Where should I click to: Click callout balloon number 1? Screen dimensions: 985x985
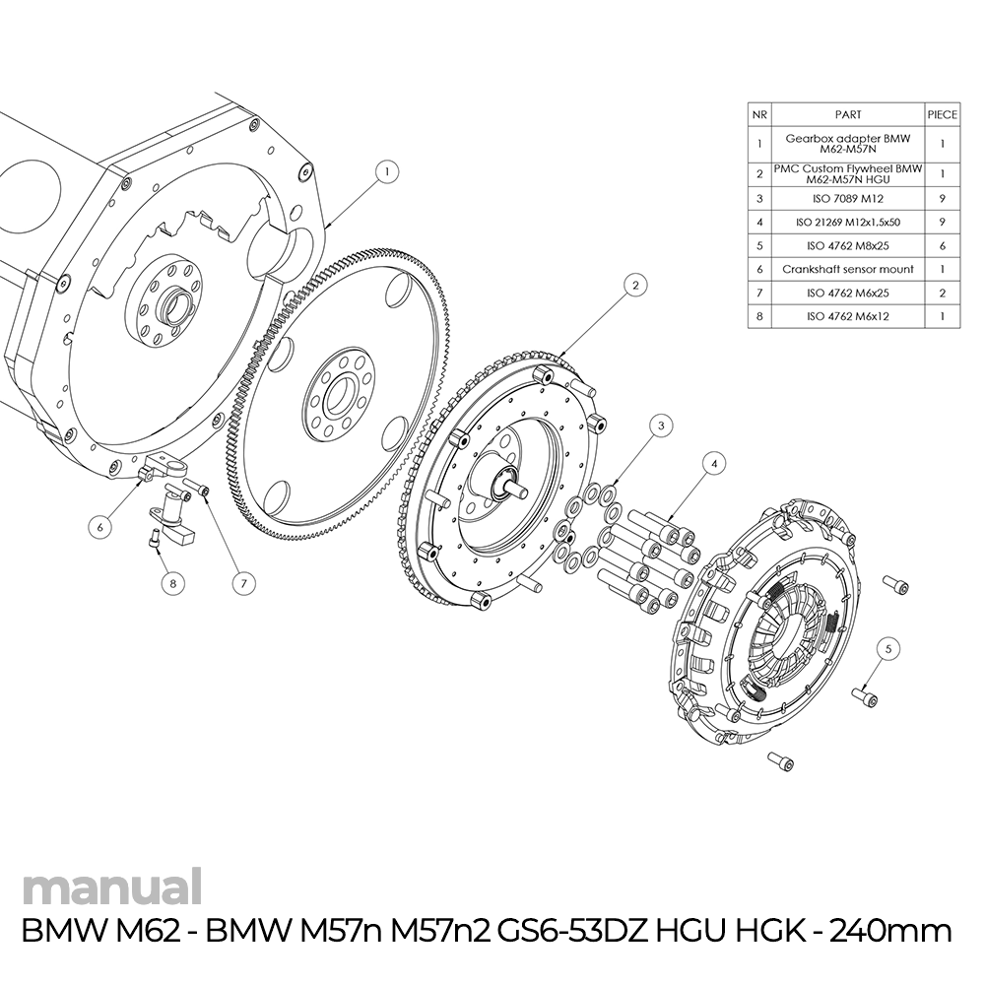(387, 171)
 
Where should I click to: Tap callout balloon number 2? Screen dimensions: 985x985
(636, 285)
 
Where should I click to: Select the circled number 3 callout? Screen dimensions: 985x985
(662, 425)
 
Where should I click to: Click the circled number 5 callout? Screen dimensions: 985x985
(887, 648)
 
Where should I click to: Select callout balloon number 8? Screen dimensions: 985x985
(172, 583)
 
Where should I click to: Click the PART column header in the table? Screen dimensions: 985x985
(847, 114)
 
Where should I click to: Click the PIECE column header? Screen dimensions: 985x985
(943, 114)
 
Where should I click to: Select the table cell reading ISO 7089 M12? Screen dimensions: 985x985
(847, 199)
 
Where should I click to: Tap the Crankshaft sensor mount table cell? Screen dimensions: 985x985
(847, 269)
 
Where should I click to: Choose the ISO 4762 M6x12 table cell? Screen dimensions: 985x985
(847, 317)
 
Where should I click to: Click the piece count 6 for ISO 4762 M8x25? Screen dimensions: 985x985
(943, 246)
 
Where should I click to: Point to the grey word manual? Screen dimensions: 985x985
(111, 887)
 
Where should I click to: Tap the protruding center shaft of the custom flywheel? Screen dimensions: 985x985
(513, 482)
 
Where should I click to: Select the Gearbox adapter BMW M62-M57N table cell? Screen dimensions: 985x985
(847, 144)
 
